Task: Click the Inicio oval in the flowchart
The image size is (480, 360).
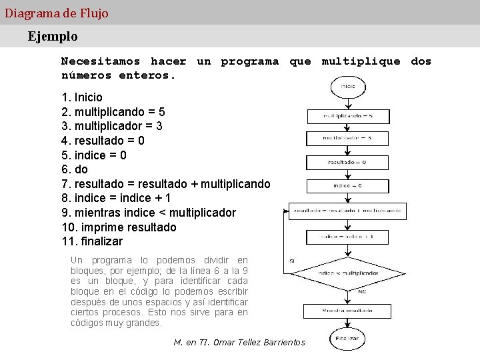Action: (x=347, y=87)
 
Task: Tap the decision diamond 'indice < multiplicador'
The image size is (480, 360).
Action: (x=347, y=273)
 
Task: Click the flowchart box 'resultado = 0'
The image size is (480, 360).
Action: (x=347, y=162)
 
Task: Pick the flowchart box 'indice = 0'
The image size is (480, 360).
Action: (x=347, y=185)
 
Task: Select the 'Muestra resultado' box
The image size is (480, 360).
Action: (x=347, y=311)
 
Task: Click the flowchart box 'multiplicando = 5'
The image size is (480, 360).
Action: (x=347, y=116)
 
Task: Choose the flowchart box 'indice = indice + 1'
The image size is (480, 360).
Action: (x=347, y=237)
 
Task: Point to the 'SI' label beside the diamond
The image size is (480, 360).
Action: (x=293, y=260)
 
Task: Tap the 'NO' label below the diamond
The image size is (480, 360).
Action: (x=362, y=291)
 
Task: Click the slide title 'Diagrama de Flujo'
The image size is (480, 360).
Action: (x=57, y=13)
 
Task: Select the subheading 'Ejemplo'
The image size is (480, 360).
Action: (x=53, y=36)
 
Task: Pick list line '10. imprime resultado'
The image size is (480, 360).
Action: (x=119, y=227)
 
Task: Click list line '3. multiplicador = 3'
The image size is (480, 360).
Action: (x=112, y=126)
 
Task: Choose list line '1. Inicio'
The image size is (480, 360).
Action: (x=82, y=97)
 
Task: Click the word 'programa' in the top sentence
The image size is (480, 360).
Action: (x=250, y=61)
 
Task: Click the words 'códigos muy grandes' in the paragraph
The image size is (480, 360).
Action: (x=116, y=323)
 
